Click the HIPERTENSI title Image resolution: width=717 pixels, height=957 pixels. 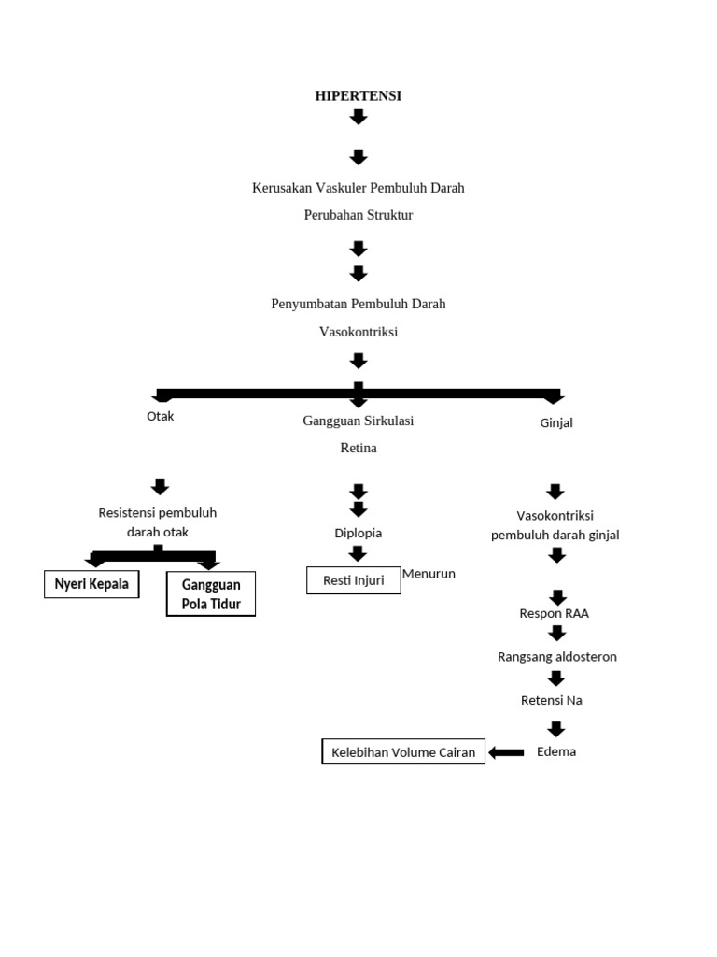tap(358, 95)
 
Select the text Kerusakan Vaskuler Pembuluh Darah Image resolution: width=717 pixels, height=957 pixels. tap(358, 188)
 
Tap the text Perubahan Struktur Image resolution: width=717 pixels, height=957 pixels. tap(358, 215)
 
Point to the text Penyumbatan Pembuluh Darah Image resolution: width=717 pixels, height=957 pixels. tap(358, 304)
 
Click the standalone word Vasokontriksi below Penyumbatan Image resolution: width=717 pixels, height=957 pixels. tap(358, 332)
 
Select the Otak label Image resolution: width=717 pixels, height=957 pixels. tap(160, 417)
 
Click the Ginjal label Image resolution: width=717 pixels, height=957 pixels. tap(556, 422)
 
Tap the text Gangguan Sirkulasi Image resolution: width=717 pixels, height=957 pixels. tap(358, 421)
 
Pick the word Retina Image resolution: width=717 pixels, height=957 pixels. tap(358, 449)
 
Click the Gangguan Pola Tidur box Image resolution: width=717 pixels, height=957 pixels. tap(211, 594)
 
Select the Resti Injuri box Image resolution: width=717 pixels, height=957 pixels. tap(353, 580)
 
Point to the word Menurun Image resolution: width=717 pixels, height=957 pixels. tap(429, 574)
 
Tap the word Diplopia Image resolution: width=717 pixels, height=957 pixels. tap(358, 533)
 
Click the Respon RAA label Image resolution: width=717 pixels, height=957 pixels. tap(555, 614)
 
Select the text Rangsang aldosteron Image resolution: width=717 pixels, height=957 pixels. tap(556, 657)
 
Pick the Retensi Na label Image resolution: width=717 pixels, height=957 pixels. tap(551, 700)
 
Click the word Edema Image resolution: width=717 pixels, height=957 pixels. tap(556, 751)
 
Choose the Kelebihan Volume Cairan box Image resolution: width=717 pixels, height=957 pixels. tap(403, 752)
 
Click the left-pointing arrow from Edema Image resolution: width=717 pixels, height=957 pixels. tap(506, 752)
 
